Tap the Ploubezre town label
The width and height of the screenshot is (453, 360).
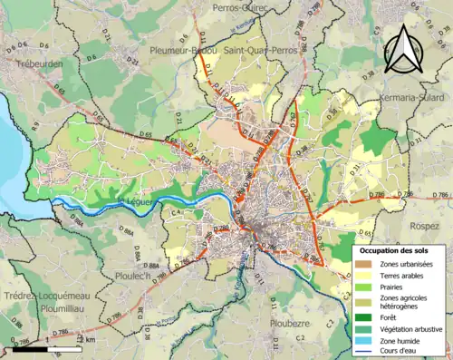pyautogui.click(x=290, y=322)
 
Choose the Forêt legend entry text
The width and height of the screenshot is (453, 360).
pyautogui.click(x=391, y=317)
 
